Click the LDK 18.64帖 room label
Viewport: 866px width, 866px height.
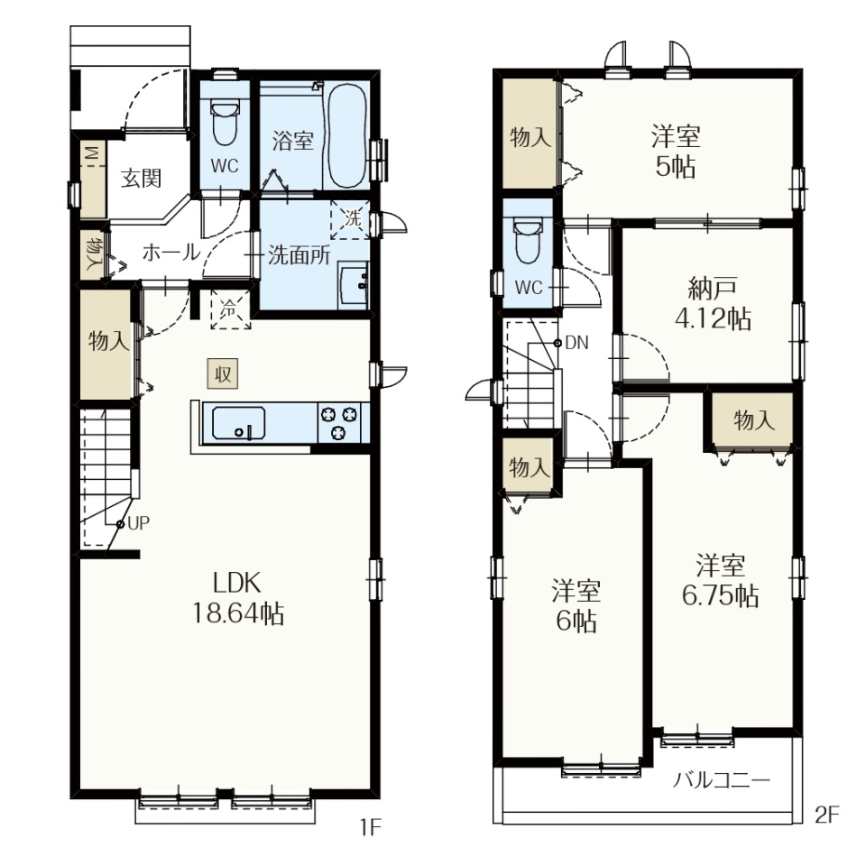[x=238, y=598]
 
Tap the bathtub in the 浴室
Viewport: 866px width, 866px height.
[x=346, y=136]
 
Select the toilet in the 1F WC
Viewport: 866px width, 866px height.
[x=225, y=122]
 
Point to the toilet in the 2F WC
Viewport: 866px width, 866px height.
[x=528, y=241]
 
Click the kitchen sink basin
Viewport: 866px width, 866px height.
[x=238, y=423]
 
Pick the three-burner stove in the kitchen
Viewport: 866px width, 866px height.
[x=338, y=423]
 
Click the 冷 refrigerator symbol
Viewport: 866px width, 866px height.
[x=230, y=309]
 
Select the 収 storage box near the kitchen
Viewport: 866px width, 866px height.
[x=223, y=373]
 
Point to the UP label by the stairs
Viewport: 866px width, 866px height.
[x=138, y=523]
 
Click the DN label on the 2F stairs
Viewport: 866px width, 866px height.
[x=577, y=343]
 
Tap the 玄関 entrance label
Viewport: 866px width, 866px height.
[x=142, y=178]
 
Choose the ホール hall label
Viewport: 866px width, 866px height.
[x=171, y=253]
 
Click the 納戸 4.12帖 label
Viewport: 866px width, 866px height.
[x=713, y=303]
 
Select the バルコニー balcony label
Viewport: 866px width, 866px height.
[x=721, y=780]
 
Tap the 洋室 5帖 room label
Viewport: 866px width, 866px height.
[x=676, y=152]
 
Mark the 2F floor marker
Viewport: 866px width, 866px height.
[x=826, y=815]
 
